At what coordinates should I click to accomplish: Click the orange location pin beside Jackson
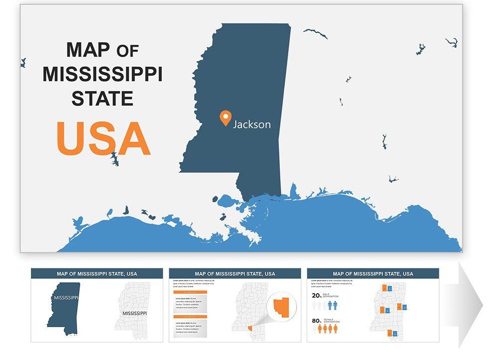[226, 118]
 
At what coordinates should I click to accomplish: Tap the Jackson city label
[252, 124]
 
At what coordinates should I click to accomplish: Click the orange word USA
[103, 138]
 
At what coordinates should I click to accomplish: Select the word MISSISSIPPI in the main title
[103, 75]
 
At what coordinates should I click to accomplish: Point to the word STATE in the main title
[103, 98]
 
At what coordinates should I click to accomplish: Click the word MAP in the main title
[88, 50]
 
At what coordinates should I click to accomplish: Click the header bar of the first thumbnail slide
[97, 273]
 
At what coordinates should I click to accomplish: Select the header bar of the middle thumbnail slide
[235, 273]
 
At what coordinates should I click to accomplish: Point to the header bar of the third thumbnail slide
[373, 273]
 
